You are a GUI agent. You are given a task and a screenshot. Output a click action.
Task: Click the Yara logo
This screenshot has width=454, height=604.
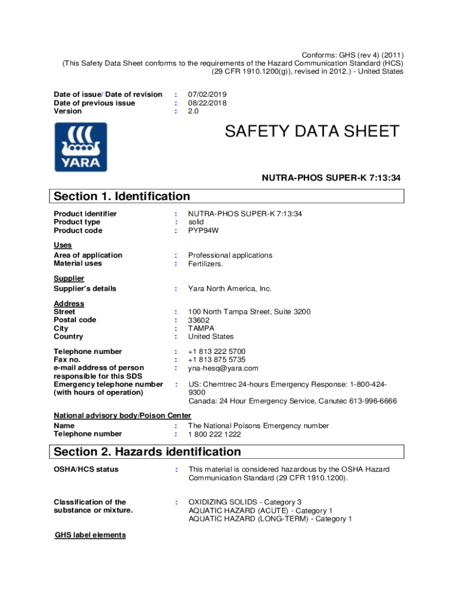81,147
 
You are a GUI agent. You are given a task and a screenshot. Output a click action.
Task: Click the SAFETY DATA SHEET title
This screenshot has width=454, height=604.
312,132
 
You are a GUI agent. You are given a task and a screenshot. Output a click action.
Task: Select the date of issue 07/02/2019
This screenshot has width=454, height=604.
208,94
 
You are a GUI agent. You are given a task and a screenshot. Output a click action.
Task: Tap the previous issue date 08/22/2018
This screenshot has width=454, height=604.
208,103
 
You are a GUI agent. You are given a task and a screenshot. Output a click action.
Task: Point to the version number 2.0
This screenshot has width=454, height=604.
193,111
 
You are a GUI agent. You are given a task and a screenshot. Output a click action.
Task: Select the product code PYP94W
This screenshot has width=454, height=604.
203,231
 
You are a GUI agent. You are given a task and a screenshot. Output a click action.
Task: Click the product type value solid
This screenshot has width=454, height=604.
196,222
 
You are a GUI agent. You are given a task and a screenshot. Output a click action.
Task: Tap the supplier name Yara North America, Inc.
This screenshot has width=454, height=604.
230,289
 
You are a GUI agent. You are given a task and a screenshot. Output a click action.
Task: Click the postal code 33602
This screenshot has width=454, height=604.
199,320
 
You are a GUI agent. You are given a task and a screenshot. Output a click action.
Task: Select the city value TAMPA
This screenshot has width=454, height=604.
201,329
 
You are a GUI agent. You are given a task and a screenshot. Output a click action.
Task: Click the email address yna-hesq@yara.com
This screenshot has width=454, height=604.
223,368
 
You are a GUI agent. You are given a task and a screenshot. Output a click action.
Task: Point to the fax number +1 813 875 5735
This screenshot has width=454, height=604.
217,360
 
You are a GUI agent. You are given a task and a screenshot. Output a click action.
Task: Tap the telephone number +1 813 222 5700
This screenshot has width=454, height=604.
217,352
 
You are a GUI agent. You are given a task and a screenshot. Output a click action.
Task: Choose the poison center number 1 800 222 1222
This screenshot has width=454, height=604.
215,434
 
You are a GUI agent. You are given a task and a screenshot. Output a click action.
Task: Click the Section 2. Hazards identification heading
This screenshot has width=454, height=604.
147,452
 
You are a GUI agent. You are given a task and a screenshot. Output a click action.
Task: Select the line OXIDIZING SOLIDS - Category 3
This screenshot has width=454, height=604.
245,503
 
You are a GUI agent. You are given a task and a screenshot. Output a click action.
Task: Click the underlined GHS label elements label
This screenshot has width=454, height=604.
90,535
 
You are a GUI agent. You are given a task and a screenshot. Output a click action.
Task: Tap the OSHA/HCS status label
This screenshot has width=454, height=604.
86,470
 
